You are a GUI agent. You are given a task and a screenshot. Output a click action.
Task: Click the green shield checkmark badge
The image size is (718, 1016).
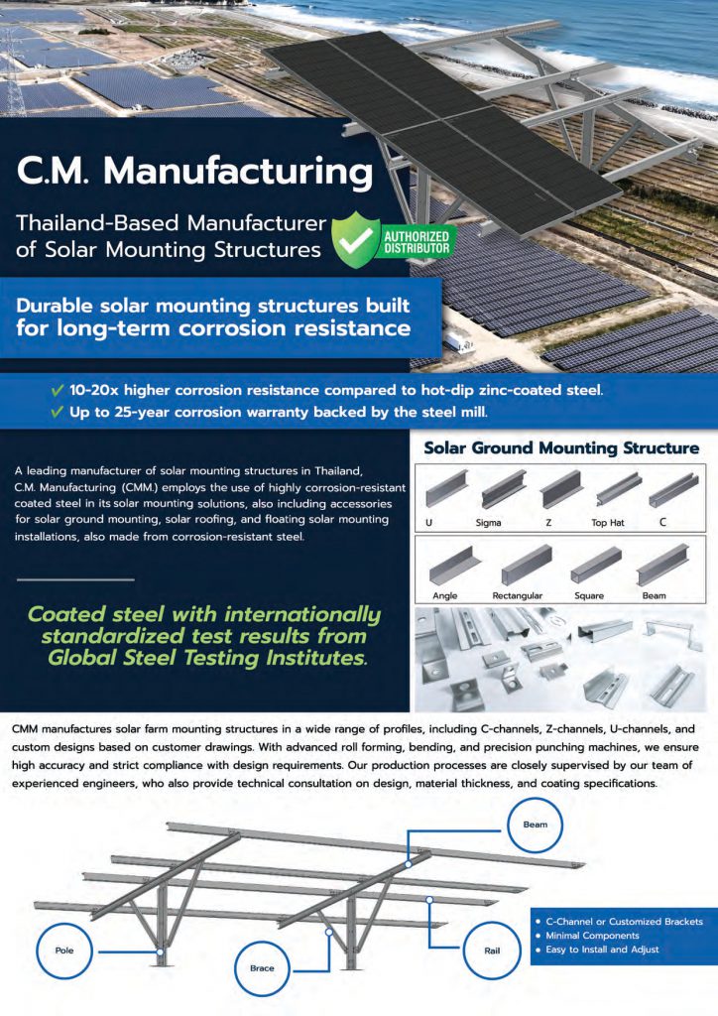coord(355,239)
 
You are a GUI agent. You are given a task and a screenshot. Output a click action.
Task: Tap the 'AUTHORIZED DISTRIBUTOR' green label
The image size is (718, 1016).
coord(417,242)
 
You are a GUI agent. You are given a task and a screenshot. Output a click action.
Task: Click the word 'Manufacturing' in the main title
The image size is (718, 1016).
coord(238,171)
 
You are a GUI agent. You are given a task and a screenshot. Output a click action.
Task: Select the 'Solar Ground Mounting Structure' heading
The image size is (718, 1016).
coord(561,447)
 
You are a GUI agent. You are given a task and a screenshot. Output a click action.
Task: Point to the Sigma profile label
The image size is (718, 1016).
coord(488,522)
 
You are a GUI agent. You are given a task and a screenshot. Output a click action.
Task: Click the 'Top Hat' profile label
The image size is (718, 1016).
coord(607,522)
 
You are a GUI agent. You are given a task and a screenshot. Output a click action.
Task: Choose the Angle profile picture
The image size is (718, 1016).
coord(454,565)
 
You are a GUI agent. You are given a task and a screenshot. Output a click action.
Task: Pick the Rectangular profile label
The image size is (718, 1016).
coord(518,595)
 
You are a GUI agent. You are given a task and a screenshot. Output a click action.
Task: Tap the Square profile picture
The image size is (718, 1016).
coord(596,564)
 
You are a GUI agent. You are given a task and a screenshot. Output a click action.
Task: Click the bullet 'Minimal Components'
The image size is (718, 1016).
coord(592,935)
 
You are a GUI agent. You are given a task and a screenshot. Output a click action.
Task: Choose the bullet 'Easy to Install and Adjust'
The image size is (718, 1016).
coord(602,950)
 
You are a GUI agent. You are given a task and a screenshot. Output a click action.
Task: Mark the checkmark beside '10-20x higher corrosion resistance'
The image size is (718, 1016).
coord(57,390)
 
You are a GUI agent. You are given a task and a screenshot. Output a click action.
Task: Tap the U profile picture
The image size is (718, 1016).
coord(446,488)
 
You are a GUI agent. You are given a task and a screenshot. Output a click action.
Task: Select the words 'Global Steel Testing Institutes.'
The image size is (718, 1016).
coord(207,658)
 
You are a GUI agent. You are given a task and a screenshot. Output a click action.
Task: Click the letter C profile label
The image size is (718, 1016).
coord(662,522)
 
